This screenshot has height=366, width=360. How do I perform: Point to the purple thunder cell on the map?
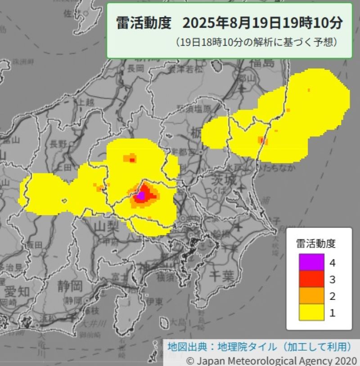coord(141,196)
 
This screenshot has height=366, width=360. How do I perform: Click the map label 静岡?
coord(70,285)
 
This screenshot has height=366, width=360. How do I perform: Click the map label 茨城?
coord(224,181)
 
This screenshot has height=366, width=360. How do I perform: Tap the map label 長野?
coord(58,145)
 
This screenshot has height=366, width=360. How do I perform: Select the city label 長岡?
coord(135,68)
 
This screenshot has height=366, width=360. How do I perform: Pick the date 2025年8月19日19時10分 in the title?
coord(263,23)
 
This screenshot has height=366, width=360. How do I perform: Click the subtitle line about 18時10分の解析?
coord(256,43)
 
